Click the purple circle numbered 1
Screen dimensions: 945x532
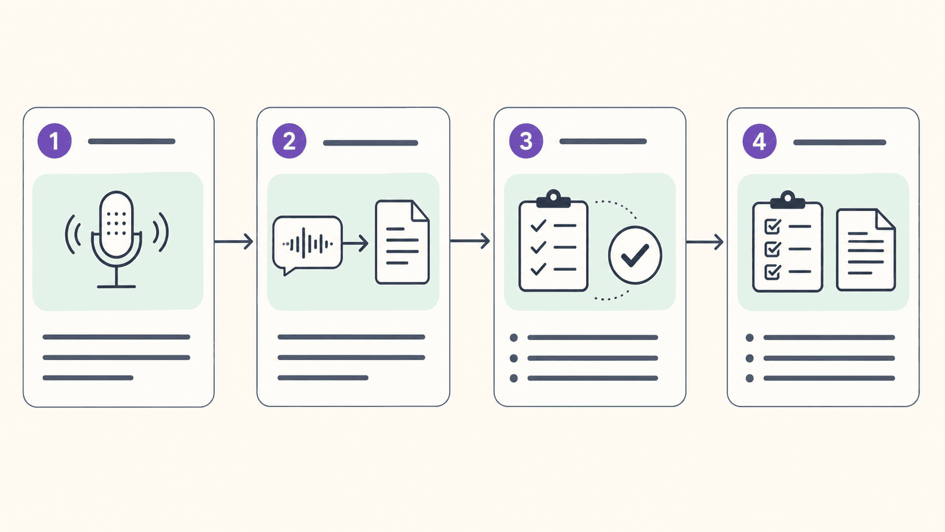(54, 141)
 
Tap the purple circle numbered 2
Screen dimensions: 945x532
(289, 141)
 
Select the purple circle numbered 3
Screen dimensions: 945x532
(526, 141)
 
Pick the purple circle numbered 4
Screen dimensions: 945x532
(760, 141)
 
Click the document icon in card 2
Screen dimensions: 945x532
(402, 242)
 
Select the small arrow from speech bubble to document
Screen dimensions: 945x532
(355, 244)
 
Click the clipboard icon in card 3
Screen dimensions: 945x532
(553, 241)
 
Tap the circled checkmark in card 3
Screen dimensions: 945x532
(635, 255)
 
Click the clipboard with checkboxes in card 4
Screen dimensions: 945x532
(788, 242)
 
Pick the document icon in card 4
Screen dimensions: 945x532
(866, 250)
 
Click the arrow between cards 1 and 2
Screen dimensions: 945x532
(234, 241)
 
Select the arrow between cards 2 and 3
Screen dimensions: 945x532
(470, 241)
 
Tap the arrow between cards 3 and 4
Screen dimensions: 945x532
(705, 242)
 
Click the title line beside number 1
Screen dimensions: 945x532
(132, 141)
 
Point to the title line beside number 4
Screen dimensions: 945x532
(839, 142)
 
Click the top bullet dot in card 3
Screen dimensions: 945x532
(514, 338)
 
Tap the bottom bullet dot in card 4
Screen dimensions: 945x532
(749, 378)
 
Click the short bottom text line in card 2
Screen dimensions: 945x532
(323, 378)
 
